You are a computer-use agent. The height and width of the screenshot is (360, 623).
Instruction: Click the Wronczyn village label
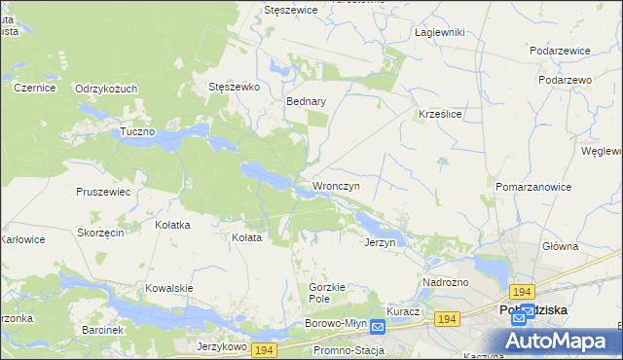tap(336, 185)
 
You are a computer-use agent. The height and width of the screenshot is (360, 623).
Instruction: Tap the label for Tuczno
tap(137, 131)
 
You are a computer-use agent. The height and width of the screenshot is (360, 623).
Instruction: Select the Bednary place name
tap(306, 100)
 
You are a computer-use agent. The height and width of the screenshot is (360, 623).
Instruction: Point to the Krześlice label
tap(439, 113)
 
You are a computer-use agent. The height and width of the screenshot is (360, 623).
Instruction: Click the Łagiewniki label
tap(439, 32)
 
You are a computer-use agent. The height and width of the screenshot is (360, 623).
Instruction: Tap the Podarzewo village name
tap(566, 80)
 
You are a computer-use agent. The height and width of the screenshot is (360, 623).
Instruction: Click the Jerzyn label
tap(380, 242)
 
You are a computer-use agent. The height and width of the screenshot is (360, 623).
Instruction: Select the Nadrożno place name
tap(445, 282)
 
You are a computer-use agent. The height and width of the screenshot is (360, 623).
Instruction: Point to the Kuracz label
tap(402, 311)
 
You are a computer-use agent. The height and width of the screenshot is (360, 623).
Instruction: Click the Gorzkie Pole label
tap(328, 293)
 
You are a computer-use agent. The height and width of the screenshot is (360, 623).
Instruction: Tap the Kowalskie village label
tap(169, 288)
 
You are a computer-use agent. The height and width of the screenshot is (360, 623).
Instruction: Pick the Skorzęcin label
tap(100, 234)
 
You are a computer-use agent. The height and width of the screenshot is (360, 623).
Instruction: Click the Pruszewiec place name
tap(103, 192)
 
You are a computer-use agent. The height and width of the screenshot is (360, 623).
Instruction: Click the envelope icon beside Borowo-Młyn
tap(378, 328)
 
